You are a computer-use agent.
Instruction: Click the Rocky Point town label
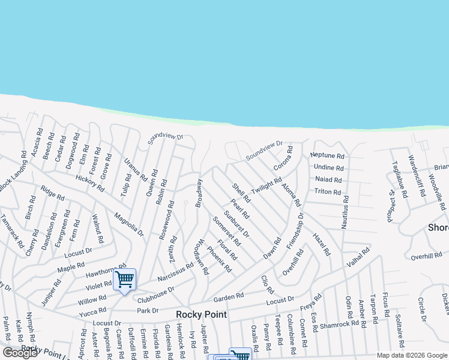[201, 315]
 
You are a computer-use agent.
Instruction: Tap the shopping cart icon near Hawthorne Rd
[124, 278]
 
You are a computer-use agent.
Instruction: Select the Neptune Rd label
[327, 155]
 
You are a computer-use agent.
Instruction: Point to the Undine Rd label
[328, 167]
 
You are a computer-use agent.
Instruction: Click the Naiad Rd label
[328, 179]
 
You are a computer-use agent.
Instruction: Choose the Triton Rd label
[328, 192]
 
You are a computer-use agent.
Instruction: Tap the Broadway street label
[199, 193]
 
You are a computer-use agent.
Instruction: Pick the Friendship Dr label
[295, 230]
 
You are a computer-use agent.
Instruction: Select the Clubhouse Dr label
[155, 294]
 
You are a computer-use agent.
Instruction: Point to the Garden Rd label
[229, 296]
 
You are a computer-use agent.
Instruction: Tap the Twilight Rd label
[267, 185]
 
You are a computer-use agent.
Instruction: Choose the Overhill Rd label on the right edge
[426, 257]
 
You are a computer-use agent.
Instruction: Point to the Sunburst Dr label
[237, 224]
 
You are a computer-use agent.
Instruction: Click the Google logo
[20, 353]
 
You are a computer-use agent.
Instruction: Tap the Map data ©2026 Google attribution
[411, 355]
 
